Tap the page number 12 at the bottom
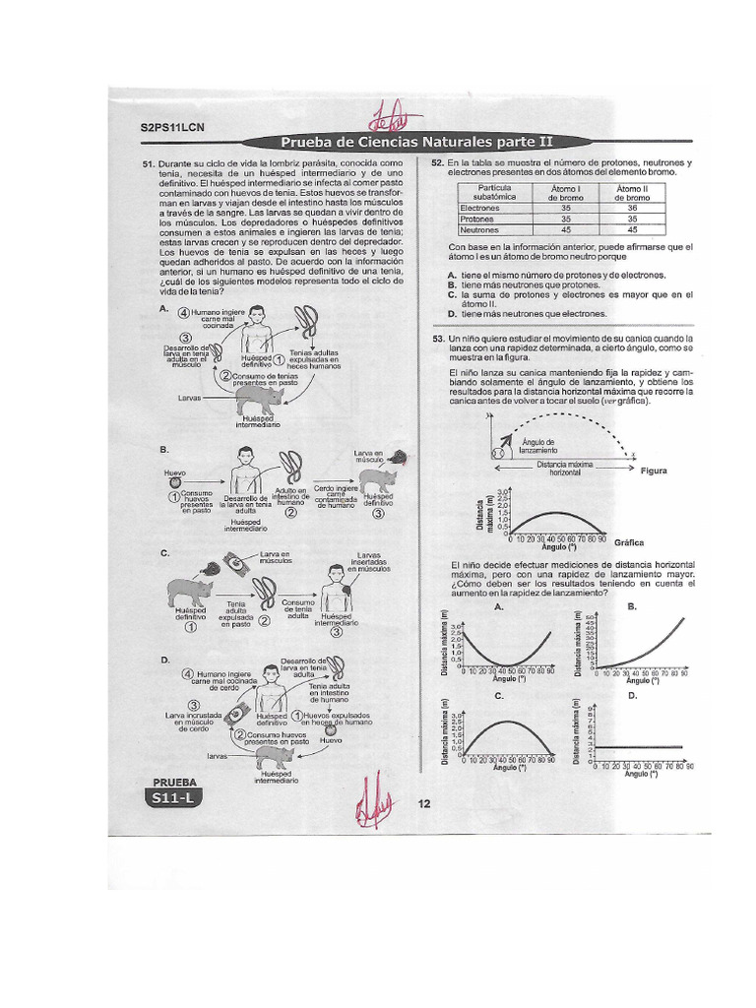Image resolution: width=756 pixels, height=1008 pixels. pyautogui.click(x=424, y=803)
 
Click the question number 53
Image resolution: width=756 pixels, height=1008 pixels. pyautogui.click(x=439, y=338)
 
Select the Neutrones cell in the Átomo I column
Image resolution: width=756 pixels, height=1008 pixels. pyautogui.click(x=566, y=229)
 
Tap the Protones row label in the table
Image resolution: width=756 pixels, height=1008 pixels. pyautogui.click(x=480, y=220)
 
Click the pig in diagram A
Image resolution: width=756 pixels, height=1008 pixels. pyautogui.click(x=260, y=398)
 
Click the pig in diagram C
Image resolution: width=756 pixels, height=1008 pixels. pyautogui.click(x=190, y=592)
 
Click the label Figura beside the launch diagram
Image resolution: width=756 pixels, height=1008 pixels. pyautogui.click(x=654, y=471)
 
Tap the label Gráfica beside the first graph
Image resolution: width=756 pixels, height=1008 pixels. pyautogui.click(x=628, y=542)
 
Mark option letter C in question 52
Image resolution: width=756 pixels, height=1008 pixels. pyautogui.click(x=451, y=294)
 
